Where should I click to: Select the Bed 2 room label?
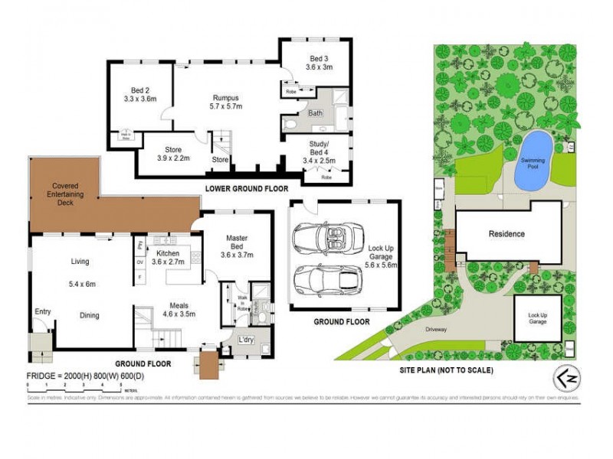tap(139, 93)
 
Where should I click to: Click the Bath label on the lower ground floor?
tap(315, 113)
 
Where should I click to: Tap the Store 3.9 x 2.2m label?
tap(166, 154)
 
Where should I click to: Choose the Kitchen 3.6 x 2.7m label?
tap(168, 258)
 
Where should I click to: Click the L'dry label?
tap(247, 339)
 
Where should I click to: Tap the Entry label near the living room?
tap(43, 311)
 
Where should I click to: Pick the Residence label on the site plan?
tap(506, 233)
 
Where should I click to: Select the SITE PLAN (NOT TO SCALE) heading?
tap(447, 369)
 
